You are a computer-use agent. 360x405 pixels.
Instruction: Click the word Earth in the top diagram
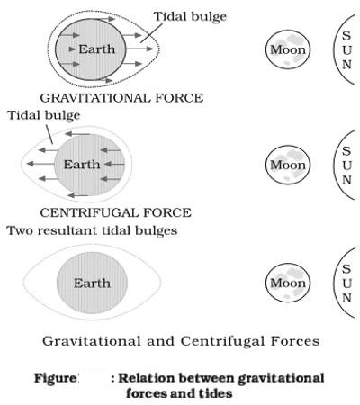pyautogui.click(x=97, y=49)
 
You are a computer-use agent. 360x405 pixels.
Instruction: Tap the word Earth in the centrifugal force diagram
pyautogui.click(x=82, y=165)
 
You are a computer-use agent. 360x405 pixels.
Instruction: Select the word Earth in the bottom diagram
pyautogui.click(x=92, y=283)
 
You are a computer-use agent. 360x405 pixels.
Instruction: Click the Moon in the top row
pyautogui.click(x=288, y=49)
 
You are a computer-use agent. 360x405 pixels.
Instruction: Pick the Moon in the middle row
pyautogui.click(x=288, y=165)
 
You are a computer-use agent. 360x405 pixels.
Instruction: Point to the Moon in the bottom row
pyautogui.click(x=288, y=283)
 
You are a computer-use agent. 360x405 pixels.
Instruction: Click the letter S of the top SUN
pyautogui.click(x=346, y=36)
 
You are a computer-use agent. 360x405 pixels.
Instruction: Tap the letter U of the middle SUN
pyautogui.click(x=346, y=166)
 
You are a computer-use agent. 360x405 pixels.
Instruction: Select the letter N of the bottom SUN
pyautogui.click(x=346, y=298)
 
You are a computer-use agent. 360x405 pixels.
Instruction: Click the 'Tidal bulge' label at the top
pyautogui.click(x=190, y=17)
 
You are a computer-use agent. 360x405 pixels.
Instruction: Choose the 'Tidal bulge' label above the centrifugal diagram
pyautogui.click(x=44, y=115)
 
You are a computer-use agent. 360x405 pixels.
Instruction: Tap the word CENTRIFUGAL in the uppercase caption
pyautogui.click(x=90, y=212)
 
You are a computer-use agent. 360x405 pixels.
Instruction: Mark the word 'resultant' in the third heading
pyautogui.click(x=67, y=230)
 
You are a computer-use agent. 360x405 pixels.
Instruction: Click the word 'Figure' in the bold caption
pyautogui.click(x=56, y=378)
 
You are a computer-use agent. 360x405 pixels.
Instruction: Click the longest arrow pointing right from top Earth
pyautogui.click(x=139, y=49)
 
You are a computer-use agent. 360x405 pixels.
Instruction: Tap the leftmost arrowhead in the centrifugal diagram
pyautogui.click(x=30, y=164)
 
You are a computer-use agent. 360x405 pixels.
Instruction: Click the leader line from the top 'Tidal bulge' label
pyautogui.click(x=151, y=32)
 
